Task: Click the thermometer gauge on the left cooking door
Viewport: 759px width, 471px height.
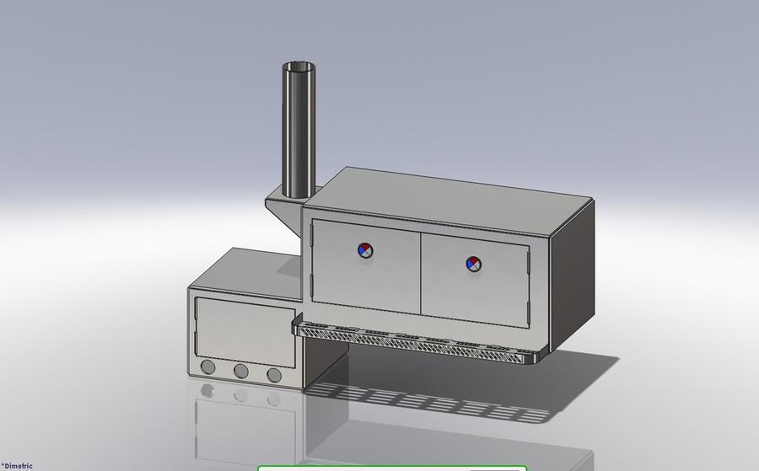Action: tap(365, 249)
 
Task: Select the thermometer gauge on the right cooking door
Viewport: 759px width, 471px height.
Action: tap(474, 264)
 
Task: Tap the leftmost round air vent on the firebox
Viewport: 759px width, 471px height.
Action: tap(207, 367)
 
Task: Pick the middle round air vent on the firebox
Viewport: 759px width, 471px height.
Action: tap(240, 371)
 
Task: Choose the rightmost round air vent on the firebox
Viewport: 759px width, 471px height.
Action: tap(273, 375)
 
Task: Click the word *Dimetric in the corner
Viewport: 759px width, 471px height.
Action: tap(16, 465)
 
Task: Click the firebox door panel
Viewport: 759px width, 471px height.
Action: tap(245, 329)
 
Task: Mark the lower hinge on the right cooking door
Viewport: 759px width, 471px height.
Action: tap(529, 313)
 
